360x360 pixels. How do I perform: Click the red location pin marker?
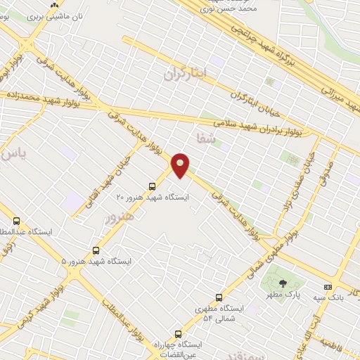point(181,165)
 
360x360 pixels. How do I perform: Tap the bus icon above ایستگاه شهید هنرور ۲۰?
point(153,186)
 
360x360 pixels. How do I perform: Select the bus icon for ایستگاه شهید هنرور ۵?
point(96,250)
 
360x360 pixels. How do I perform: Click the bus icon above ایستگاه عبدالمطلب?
point(17,221)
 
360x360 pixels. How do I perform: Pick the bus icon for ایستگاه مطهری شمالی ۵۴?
point(219,297)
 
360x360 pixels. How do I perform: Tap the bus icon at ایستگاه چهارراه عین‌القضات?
point(178,334)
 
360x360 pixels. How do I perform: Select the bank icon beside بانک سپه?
point(328,287)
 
